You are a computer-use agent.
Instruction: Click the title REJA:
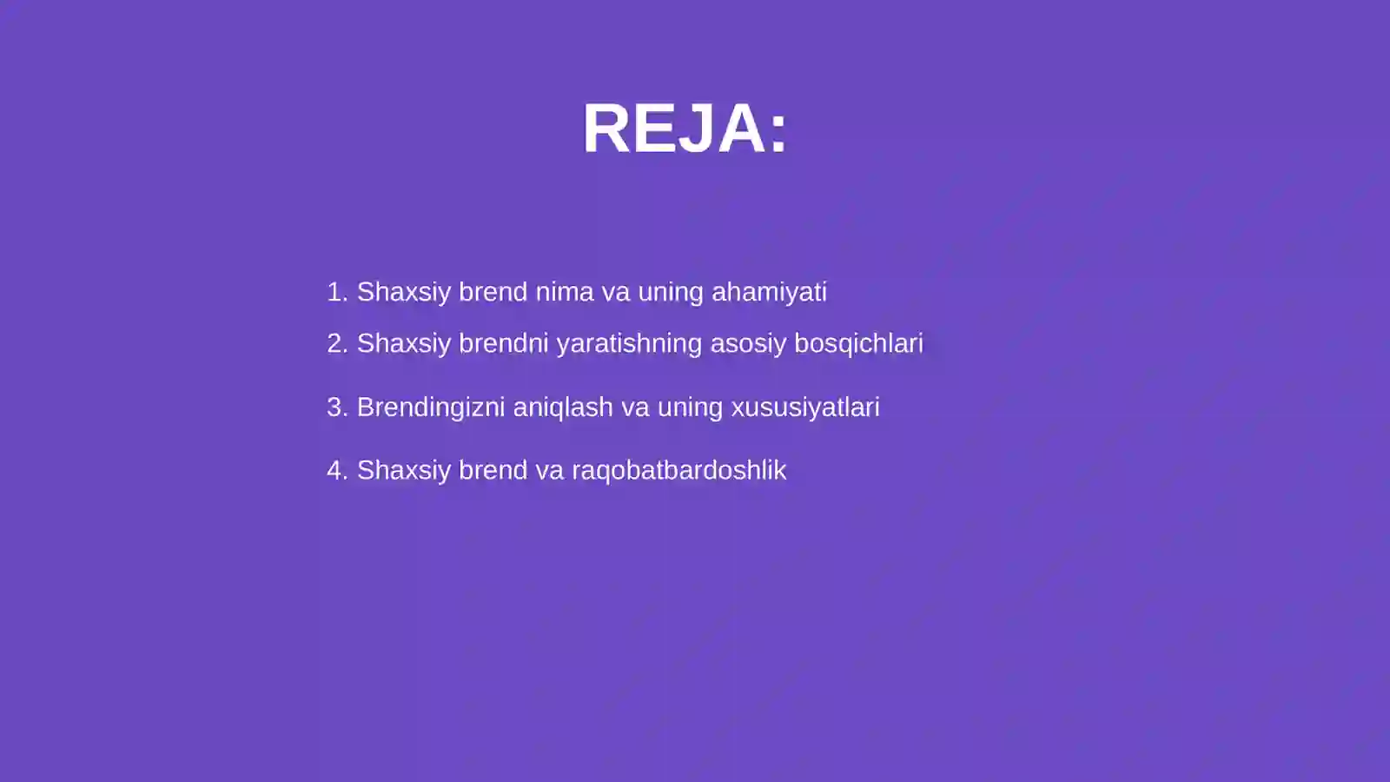[685, 129]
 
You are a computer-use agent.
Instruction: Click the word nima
[564, 292]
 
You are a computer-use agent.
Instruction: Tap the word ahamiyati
[769, 292]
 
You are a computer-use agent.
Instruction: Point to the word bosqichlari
[858, 343]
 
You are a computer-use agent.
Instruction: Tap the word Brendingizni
[431, 407]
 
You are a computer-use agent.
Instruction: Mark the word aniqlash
[563, 407]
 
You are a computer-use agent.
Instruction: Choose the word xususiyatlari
[805, 407]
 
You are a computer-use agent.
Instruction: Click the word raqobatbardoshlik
[678, 470]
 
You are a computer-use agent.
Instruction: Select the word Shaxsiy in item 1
[404, 292]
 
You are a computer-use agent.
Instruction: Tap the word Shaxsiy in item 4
[404, 470]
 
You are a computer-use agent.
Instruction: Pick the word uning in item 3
[690, 407]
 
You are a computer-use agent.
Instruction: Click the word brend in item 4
[493, 470]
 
